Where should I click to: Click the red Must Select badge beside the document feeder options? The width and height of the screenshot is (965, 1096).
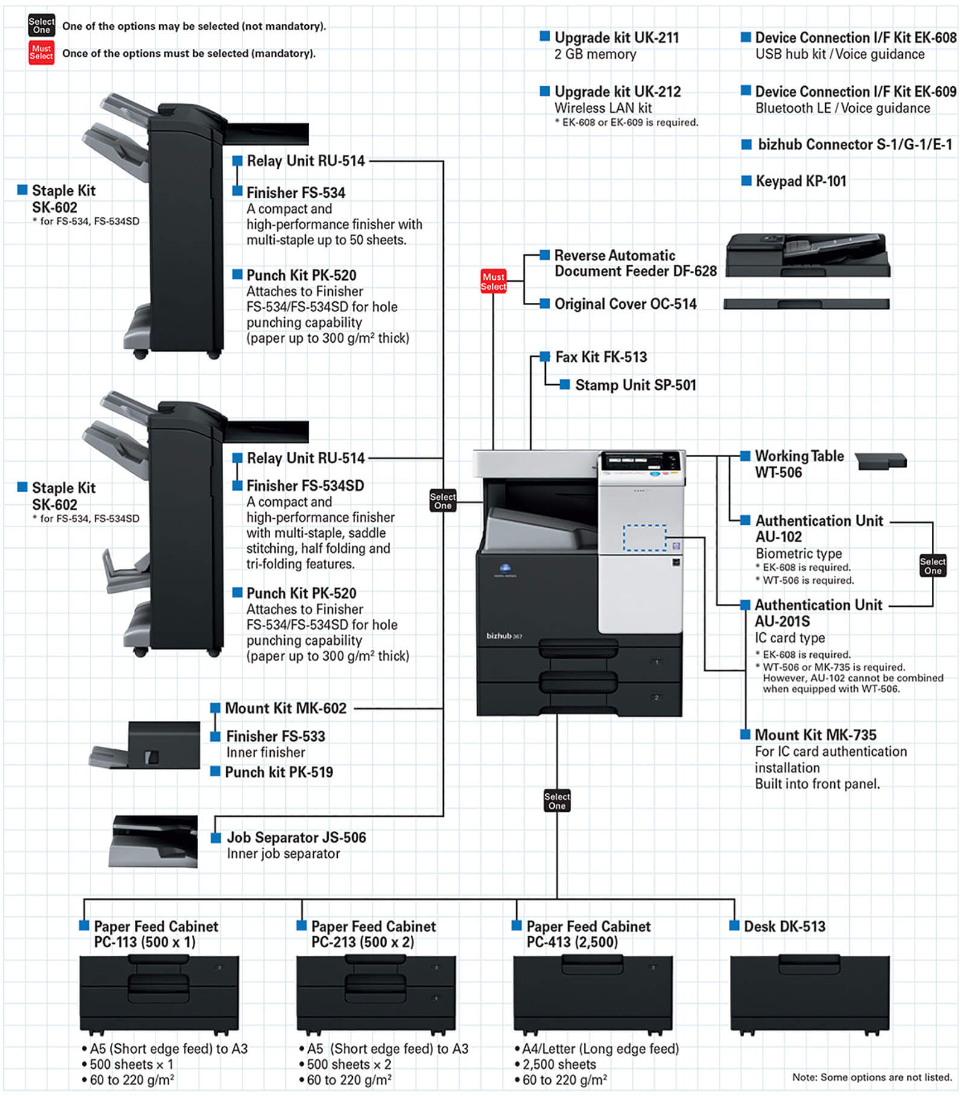coord(493,281)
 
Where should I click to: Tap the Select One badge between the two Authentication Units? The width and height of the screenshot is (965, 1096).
coord(932,565)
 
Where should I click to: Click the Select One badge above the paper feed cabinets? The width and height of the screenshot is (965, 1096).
coord(557,800)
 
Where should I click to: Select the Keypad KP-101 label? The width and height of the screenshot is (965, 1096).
coord(800,181)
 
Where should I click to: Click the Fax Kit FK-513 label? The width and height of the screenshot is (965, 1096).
coord(601,357)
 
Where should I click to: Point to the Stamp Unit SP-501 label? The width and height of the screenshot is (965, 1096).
coord(635,385)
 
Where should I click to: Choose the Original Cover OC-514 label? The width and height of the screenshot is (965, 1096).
coord(625,304)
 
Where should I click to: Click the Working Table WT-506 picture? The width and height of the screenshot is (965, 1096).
coord(880,461)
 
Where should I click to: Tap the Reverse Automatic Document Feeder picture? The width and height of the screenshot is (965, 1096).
coord(808,255)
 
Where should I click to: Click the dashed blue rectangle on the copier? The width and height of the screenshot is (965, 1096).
coord(644,537)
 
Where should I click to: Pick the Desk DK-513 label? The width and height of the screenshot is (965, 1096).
coord(784,926)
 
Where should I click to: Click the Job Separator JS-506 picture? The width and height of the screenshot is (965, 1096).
coord(154,841)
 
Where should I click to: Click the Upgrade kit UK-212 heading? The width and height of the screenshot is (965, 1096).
coord(617,92)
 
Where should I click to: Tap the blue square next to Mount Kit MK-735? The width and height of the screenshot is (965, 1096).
coord(745,734)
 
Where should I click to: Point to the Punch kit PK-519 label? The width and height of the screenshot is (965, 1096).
coord(279,772)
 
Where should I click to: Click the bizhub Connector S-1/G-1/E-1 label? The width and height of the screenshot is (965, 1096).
coord(855,145)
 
